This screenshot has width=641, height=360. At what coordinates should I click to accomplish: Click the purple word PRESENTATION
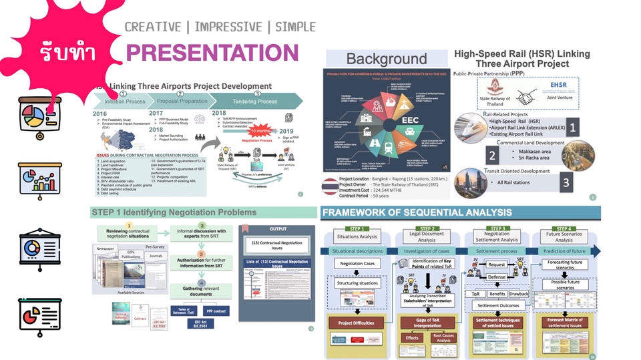(x=212, y=53)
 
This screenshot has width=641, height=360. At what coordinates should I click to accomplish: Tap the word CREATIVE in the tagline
(x=153, y=27)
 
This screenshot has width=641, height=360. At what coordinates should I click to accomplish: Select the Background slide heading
(x=386, y=59)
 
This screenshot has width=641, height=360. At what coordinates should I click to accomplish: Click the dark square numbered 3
(x=566, y=181)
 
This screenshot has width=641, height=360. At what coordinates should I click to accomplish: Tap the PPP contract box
(x=216, y=311)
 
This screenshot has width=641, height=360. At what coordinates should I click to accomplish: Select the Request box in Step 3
(x=497, y=264)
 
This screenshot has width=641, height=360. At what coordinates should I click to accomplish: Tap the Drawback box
(x=518, y=294)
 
